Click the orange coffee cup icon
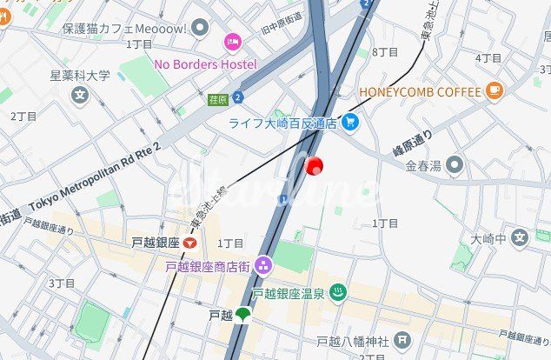tap(495, 89)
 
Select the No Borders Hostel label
tap(205, 64)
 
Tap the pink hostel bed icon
tap(232, 41)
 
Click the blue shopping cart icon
tap(350, 123)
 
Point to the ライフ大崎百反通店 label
tap(283, 123)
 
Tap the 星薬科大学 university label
tap(80, 76)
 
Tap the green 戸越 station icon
tap(242, 315)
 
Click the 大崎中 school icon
tap(519, 237)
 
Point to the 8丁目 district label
tap(384, 52)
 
